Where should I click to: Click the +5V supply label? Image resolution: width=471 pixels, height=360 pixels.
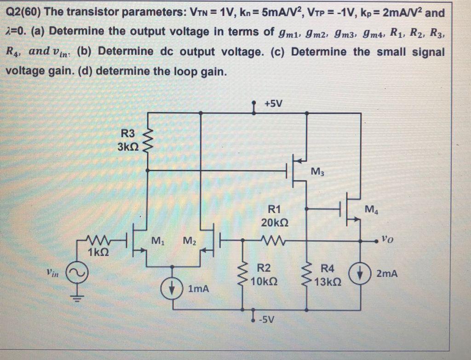[275, 103]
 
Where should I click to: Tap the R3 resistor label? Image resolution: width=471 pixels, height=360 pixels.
[127, 134]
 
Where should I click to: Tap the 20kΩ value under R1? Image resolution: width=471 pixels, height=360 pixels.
[275, 222]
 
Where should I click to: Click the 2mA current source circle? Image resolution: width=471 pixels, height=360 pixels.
[360, 273]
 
